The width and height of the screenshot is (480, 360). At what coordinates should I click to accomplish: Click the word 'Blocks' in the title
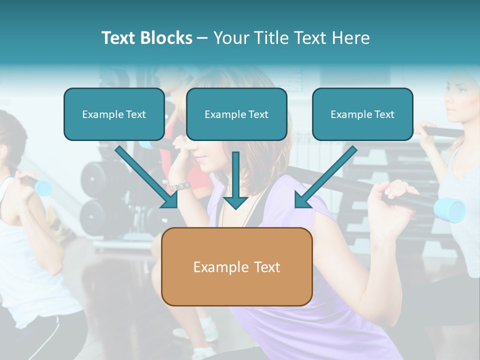click(x=166, y=38)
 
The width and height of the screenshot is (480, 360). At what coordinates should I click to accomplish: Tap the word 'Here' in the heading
click(x=350, y=38)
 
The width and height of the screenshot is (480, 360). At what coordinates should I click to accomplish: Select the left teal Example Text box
click(x=114, y=114)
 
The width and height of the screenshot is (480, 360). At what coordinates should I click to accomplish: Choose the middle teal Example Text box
click(x=236, y=114)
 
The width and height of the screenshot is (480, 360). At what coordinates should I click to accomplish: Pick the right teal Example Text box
click(x=362, y=114)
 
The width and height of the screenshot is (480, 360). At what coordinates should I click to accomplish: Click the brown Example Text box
click(x=236, y=267)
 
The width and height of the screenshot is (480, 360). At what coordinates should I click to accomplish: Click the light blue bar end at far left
click(x=43, y=187)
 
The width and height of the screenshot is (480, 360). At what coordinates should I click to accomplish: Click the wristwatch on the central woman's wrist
click(x=181, y=186)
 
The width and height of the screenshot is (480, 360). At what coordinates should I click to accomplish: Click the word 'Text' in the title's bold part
click(x=118, y=38)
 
